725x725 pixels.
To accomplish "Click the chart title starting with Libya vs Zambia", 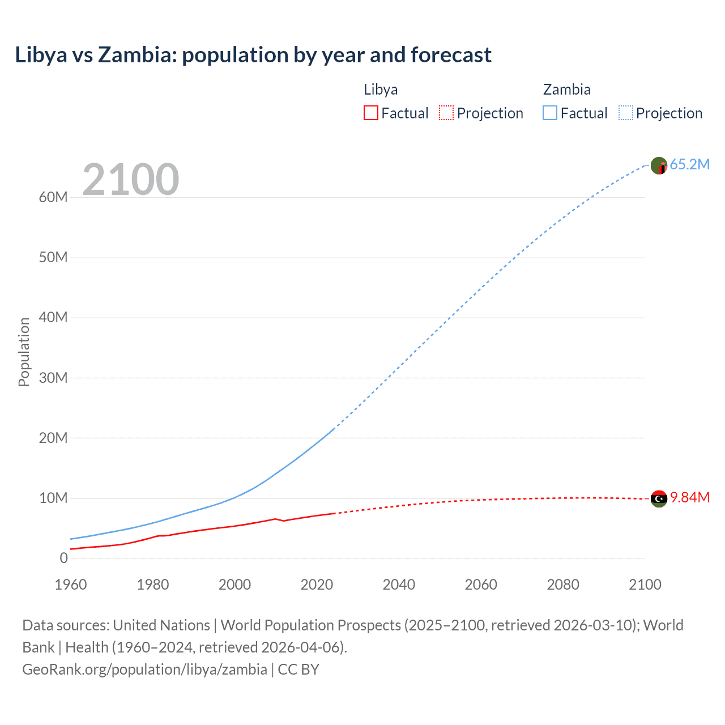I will click(x=253, y=55).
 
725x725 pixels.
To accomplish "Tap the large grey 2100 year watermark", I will click(x=131, y=180).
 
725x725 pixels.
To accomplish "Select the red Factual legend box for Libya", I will click(x=370, y=113).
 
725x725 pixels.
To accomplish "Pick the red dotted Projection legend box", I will click(x=446, y=113).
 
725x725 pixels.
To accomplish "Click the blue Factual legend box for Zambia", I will click(x=550, y=113).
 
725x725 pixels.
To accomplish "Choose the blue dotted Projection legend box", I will click(x=626, y=113).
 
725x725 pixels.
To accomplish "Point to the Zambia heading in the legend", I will click(x=566, y=89).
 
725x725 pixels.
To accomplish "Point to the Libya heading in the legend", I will click(x=381, y=89).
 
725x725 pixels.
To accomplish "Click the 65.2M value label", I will click(x=689, y=165).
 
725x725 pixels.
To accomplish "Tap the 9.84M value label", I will click(x=689, y=498).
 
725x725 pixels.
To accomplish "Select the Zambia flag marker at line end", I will click(x=659, y=165).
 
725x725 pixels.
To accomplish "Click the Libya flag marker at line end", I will click(x=659, y=498).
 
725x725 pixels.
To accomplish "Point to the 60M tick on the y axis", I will click(x=53, y=197).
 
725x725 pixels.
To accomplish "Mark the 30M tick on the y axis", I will click(x=53, y=378).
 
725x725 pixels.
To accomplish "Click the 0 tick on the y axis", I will click(x=63, y=558).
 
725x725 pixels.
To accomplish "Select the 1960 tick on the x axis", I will click(x=71, y=585).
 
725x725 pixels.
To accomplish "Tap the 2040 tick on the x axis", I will click(x=399, y=585).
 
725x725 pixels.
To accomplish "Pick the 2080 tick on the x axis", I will click(x=563, y=585).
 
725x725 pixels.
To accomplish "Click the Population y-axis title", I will click(x=24, y=352).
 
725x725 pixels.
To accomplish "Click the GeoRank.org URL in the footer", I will click(x=144, y=669).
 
